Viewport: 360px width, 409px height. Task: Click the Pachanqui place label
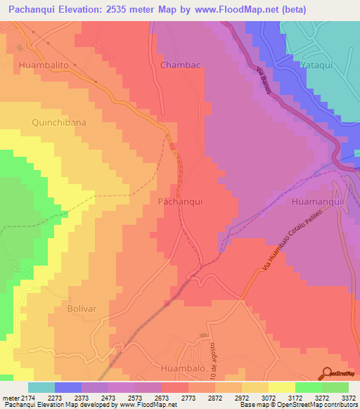pyautogui.click(x=181, y=201)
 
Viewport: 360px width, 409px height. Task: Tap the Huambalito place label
pyautogui.click(x=44, y=64)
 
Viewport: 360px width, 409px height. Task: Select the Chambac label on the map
pyautogui.click(x=181, y=65)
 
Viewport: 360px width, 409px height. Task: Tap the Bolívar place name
pyautogui.click(x=80, y=309)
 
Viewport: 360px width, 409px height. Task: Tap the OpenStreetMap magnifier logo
pyautogui.click(x=327, y=373)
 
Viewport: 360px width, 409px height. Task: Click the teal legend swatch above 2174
pyautogui.click(x=41, y=387)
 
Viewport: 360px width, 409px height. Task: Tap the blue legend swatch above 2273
pyautogui.click(x=67, y=387)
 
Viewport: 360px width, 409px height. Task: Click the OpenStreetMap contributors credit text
pyautogui.click(x=313, y=405)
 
